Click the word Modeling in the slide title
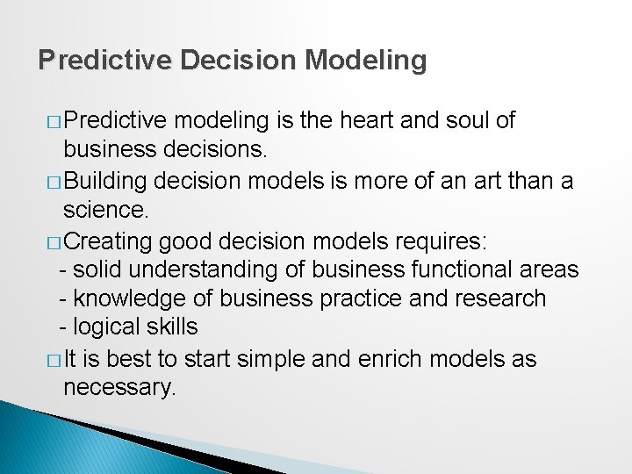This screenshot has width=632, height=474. click(x=366, y=60)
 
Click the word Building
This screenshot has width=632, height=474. click(x=106, y=181)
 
